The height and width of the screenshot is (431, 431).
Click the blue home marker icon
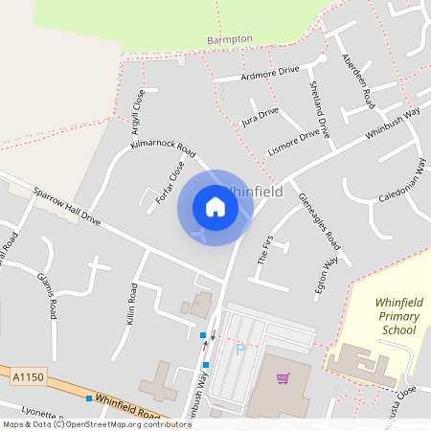pyautogui.click(x=215, y=207)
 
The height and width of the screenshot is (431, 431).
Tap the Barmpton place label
pyautogui.click(x=230, y=39)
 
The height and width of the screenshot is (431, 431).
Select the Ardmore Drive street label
pyautogui.click(x=270, y=72)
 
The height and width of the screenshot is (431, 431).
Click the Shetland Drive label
pyautogui.click(x=319, y=105)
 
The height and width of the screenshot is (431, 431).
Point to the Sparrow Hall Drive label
pyautogui.click(x=66, y=206)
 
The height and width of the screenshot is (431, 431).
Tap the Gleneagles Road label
pyautogui.click(x=319, y=219)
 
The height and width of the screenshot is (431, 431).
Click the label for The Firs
pyautogui.click(x=265, y=248)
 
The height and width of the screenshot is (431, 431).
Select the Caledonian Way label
pyautogui.click(x=399, y=179)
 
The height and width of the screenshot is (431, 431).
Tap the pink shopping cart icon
pyautogui.click(x=283, y=378)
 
